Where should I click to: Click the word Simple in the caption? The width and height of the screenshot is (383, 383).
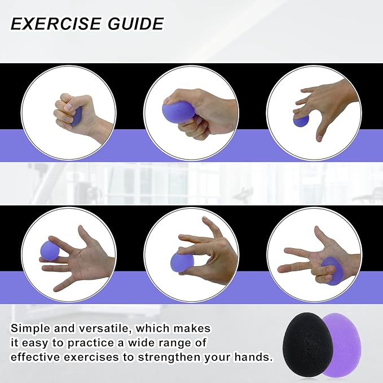point(31,329)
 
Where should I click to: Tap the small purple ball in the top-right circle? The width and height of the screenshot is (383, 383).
point(301,120)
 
